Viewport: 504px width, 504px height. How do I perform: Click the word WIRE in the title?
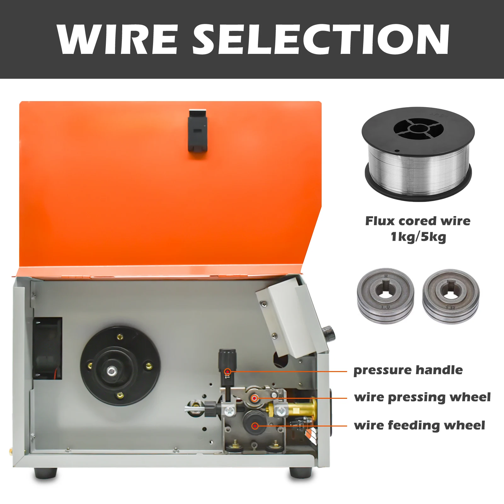[x=117, y=39]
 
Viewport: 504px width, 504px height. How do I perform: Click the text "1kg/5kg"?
[x=418, y=237]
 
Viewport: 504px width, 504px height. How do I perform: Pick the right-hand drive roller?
[x=451, y=296]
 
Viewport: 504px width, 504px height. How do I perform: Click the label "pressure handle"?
[x=408, y=370]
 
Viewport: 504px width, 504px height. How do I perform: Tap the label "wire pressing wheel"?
[x=422, y=398]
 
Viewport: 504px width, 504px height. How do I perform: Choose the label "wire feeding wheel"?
[x=420, y=426]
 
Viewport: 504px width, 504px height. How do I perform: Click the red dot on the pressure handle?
[x=227, y=372]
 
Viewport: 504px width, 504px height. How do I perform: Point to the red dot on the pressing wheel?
[x=255, y=398]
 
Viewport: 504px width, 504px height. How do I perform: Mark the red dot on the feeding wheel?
[x=255, y=426]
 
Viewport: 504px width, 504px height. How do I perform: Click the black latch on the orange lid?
[x=198, y=130]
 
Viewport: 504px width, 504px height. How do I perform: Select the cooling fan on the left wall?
[x=47, y=348]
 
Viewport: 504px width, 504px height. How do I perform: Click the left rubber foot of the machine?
[x=46, y=473]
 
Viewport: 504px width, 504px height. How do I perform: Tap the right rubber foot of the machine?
[x=301, y=473]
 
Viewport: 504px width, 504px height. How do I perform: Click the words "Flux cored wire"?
[x=418, y=221]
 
